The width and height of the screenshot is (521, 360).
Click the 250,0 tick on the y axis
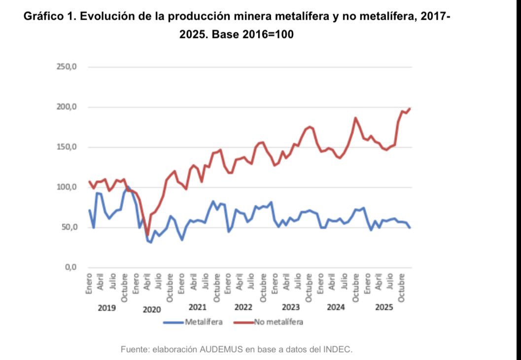[68, 67]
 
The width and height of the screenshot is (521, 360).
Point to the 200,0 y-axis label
[68, 107]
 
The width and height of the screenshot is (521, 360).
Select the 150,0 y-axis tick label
[68, 147]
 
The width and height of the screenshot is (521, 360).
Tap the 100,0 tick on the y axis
[68, 187]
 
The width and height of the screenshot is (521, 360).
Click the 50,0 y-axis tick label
[69, 227]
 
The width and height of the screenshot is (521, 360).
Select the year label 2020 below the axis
[152, 310]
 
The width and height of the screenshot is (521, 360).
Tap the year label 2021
[197, 307]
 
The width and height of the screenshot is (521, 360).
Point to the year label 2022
[243, 307]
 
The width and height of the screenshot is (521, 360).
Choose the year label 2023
[290, 307]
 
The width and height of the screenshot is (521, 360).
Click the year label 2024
[336, 307]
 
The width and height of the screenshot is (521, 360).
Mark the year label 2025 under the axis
[384, 307]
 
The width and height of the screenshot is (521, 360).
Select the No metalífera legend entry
[278, 323]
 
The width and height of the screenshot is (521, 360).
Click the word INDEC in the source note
[337, 349]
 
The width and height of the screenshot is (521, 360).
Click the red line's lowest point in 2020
[147, 235]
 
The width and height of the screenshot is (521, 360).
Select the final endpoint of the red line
[410, 108]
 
